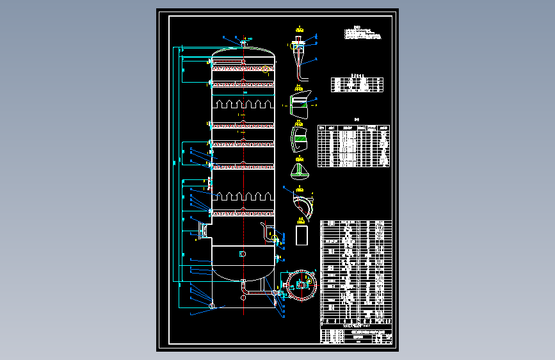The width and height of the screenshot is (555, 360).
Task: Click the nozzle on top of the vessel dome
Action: click(x=244, y=43)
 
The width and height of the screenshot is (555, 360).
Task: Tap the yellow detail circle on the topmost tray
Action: click(x=265, y=69)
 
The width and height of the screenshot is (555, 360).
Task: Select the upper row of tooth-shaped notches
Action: click(x=243, y=104)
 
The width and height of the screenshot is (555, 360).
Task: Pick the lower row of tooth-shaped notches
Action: click(x=243, y=196)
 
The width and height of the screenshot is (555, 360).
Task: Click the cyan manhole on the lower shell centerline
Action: click(x=242, y=254)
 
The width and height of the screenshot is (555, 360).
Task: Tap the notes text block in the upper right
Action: click(x=364, y=33)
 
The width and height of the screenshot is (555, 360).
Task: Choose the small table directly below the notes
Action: click(x=358, y=85)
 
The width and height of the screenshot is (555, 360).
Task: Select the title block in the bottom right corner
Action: click(x=355, y=337)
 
